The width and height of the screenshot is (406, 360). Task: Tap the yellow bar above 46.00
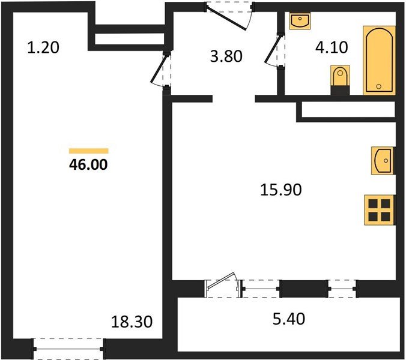89,151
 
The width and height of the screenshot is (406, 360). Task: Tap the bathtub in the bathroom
380,60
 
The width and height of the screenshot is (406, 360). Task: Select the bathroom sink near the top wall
299,22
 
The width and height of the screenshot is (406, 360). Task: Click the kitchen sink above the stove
383,161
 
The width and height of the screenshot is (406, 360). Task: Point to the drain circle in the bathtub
379,87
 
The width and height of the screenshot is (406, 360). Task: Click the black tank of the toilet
340,90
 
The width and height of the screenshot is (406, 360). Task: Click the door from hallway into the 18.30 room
160,71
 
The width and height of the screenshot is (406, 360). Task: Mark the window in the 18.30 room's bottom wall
70,347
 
